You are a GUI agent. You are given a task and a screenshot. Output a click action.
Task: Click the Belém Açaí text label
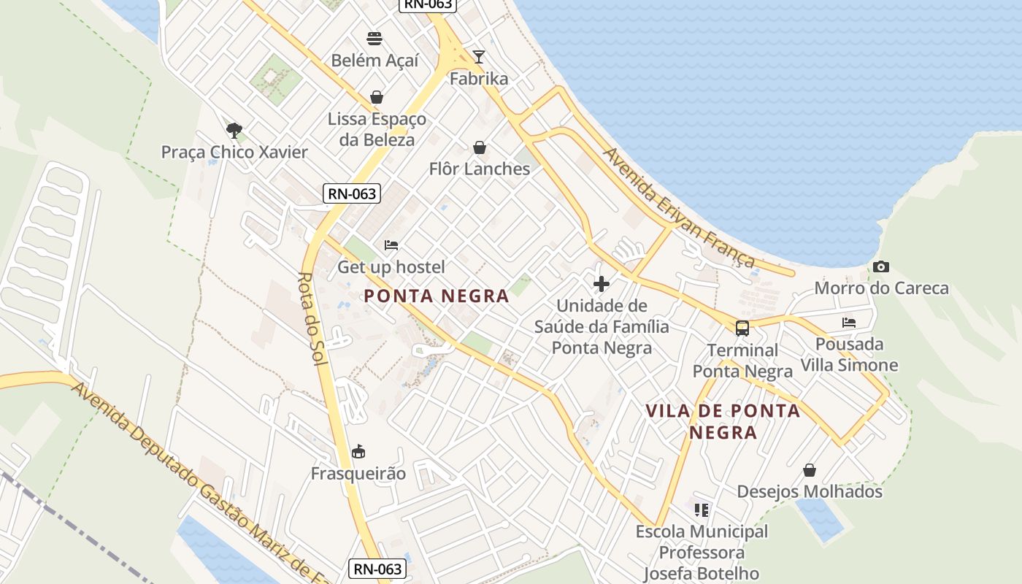(374, 60)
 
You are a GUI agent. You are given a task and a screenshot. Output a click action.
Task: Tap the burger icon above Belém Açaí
(374, 39)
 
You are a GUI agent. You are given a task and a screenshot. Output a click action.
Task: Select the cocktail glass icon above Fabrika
(479, 56)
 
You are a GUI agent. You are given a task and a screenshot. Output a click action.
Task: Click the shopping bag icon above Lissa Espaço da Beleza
(377, 97)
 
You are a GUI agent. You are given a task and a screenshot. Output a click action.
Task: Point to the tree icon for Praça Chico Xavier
(234, 131)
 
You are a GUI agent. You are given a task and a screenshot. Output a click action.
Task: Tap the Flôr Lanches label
(479, 169)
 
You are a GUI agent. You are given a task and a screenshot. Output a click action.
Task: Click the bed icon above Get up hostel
(391, 245)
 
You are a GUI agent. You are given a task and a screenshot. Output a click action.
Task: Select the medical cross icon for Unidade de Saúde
(602, 283)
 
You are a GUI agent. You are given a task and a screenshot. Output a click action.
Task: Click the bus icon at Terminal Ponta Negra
(742, 328)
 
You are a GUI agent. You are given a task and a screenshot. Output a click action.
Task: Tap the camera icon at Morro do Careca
(881, 266)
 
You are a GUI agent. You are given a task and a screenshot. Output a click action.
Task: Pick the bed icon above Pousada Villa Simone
(849, 322)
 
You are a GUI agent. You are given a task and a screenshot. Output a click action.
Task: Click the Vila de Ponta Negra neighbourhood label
(723, 421)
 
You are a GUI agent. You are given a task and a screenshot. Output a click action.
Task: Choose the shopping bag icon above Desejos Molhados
(810, 470)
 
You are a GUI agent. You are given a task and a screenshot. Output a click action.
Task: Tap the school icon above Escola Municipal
(702, 510)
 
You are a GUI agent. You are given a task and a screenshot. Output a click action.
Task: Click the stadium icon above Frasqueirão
(358, 452)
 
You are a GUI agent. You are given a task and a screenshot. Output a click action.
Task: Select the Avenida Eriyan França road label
(679, 208)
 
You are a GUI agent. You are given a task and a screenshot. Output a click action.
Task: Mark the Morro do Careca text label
(881, 288)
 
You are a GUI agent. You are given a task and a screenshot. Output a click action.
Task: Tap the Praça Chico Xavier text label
(234, 152)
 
